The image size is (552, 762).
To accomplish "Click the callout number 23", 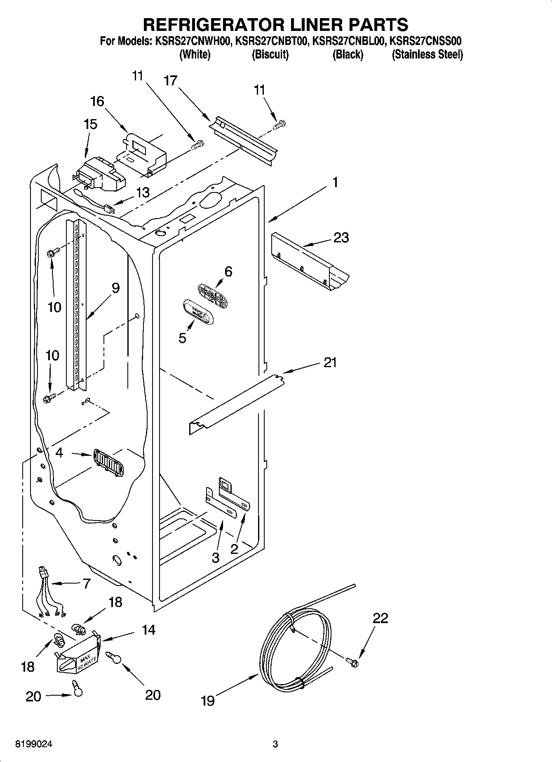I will (x=341, y=237).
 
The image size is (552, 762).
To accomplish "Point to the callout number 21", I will (x=330, y=363).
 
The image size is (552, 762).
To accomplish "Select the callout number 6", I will (x=228, y=272).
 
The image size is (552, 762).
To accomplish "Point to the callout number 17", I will (x=170, y=80).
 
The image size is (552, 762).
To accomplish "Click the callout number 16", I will (x=97, y=101).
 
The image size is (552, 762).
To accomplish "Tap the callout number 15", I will (x=90, y=124).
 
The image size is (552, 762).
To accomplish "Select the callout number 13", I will (x=143, y=192).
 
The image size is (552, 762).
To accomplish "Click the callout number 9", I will (x=115, y=288).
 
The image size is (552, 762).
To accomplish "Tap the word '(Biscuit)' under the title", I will (x=270, y=54).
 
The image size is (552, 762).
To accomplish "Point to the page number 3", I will (x=275, y=745).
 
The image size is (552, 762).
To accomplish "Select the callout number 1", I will (x=335, y=182).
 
